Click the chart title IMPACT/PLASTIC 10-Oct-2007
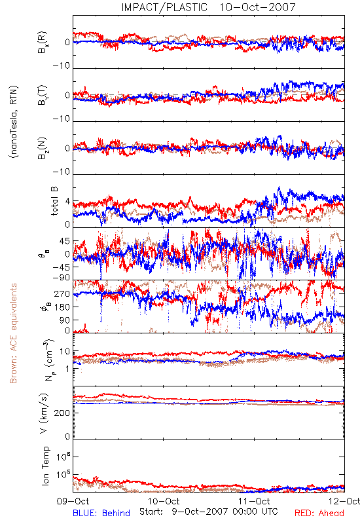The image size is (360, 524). [208, 7]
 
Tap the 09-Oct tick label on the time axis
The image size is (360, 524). [73, 501]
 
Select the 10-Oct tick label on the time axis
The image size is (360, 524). [164, 501]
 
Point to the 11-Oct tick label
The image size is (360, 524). [254, 501]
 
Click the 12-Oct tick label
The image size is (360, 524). [344, 501]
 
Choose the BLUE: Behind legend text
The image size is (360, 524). [101, 513]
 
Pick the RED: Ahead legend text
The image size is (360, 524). [319, 513]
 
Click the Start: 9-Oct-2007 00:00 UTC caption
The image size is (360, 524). [209, 512]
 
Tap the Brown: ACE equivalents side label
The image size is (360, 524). [13, 333]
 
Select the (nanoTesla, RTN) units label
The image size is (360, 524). [14, 122]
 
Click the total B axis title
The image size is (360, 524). [54, 201]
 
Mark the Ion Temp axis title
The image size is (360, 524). [45, 466]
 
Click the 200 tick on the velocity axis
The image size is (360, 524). [62, 413]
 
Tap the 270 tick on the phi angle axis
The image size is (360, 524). [62, 293]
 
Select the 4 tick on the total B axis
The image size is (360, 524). [67, 202]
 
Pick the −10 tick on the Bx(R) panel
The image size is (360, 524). [62, 66]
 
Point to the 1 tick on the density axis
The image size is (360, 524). [68, 369]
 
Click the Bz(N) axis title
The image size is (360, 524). [43, 148]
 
